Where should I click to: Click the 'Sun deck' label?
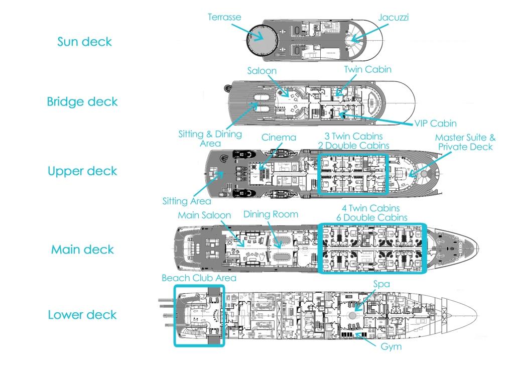click(84, 42)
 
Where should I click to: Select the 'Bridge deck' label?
click(82, 101)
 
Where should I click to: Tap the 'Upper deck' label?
click(82, 171)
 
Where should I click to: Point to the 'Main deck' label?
click(82, 250)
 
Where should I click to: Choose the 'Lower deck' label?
click(82, 315)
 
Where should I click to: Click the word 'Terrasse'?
click(224, 17)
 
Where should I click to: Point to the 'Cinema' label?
click(279, 137)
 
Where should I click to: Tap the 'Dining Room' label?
click(271, 214)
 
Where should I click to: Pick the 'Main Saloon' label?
click(204, 215)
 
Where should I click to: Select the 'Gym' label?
click(391, 346)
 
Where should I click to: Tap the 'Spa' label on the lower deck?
click(381, 284)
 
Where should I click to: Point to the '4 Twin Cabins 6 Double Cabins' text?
click(372, 212)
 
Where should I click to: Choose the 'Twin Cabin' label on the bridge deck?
click(367, 70)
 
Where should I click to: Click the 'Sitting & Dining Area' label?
click(210, 139)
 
